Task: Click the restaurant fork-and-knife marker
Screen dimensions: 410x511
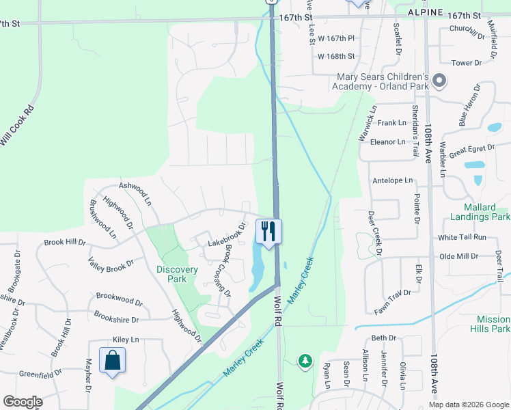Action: pos(268,231)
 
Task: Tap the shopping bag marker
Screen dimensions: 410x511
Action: pos(112,360)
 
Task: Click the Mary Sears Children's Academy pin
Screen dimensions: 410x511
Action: pos(439,81)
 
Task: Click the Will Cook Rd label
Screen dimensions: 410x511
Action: pos(17,125)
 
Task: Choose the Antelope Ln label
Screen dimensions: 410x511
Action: pos(393,181)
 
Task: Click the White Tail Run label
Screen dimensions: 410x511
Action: pos(462,237)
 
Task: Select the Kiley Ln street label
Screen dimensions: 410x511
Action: pos(126,340)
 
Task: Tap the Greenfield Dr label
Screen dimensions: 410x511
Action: pos(42,374)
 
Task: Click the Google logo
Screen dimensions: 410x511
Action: pos(23,402)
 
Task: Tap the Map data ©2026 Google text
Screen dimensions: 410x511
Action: pos(468,405)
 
